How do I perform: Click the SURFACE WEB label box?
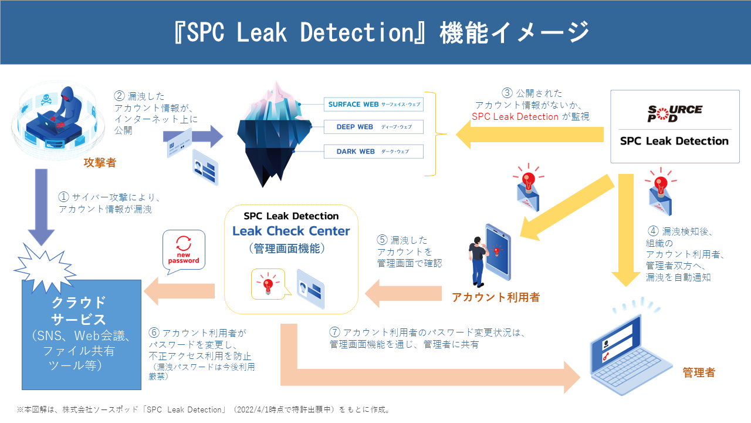pyautogui.click(x=373, y=105)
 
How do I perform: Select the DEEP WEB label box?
pyautogui.click(x=373, y=127)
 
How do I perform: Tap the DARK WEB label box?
pyautogui.click(x=373, y=152)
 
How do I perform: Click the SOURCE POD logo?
pyautogui.click(x=674, y=113)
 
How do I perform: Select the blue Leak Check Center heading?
pyautogui.click(x=291, y=231)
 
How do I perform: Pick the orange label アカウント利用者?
pyautogui.click(x=496, y=297)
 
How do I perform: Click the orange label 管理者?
pyautogui.click(x=699, y=372)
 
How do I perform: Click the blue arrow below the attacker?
pyautogui.click(x=40, y=206)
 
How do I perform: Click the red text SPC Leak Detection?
pyautogui.click(x=515, y=116)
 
